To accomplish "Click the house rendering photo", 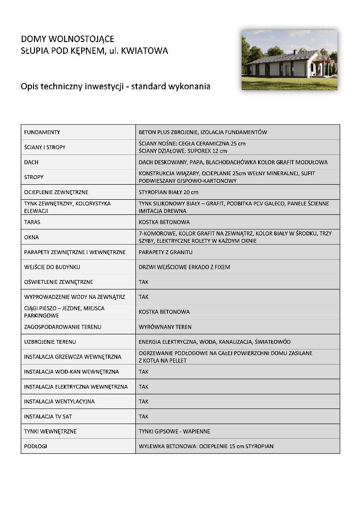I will pos(289,60).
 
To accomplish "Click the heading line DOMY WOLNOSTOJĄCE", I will pos(67,39).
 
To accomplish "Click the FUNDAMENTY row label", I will pos(42,132).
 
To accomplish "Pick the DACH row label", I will pos(31,162).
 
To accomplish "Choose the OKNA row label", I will pos(32,237).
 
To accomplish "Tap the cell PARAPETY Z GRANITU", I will pos(166,252).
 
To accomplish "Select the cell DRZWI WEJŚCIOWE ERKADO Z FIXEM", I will pos(184,267).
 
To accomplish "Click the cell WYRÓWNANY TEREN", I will pos(165,327).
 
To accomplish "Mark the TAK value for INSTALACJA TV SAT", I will pos(143,416).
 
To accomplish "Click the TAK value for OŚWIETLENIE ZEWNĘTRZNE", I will pos(143,282).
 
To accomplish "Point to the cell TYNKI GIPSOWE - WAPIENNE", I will pos(175,431).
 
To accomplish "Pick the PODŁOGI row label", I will pos(35,446).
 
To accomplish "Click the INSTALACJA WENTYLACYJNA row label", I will pos(59,401).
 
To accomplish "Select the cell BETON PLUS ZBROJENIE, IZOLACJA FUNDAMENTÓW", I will pos(203,132).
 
